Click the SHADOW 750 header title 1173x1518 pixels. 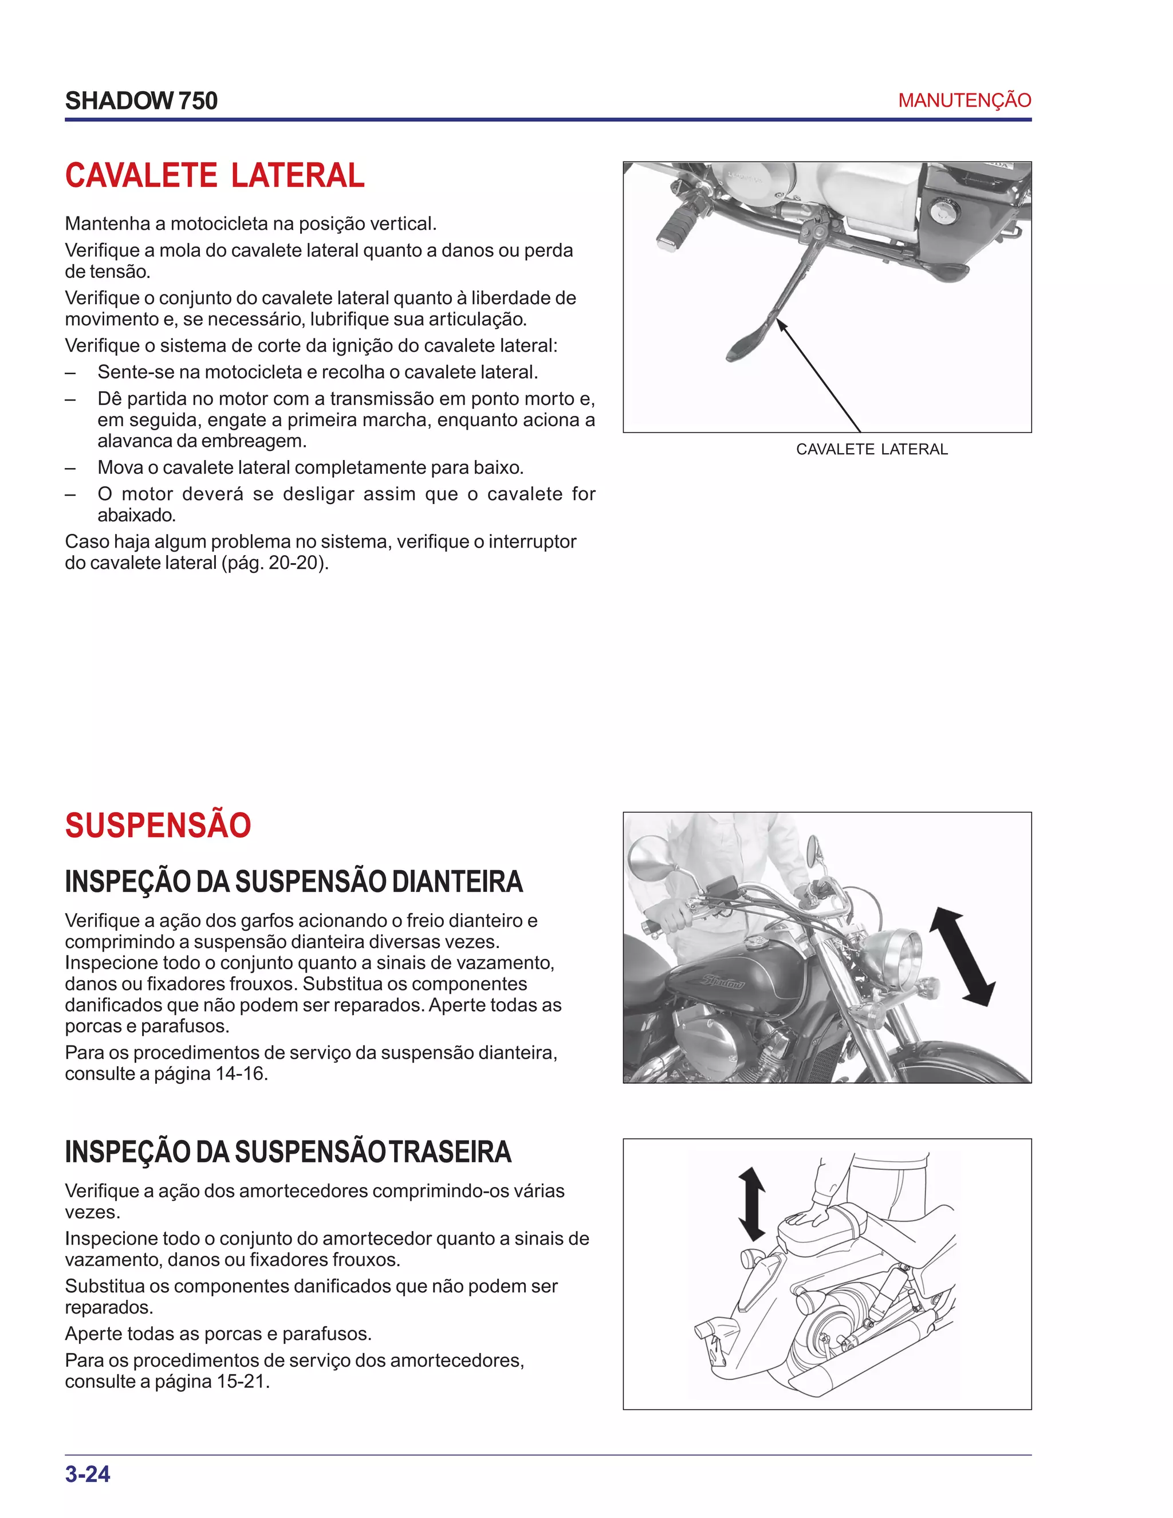pos(141,101)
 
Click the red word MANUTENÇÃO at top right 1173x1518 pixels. pos(964,100)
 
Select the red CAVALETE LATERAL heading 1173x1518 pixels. pos(215,175)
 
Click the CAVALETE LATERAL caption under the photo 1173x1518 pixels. pos(871,450)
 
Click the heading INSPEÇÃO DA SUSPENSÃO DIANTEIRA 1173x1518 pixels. pos(293,882)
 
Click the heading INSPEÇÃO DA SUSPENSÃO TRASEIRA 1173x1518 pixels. pos(288,1152)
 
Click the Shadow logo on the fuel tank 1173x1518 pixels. pos(722,981)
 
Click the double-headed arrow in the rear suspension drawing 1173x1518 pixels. pos(751,1205)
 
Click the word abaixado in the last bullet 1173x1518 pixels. pos(136,515)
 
